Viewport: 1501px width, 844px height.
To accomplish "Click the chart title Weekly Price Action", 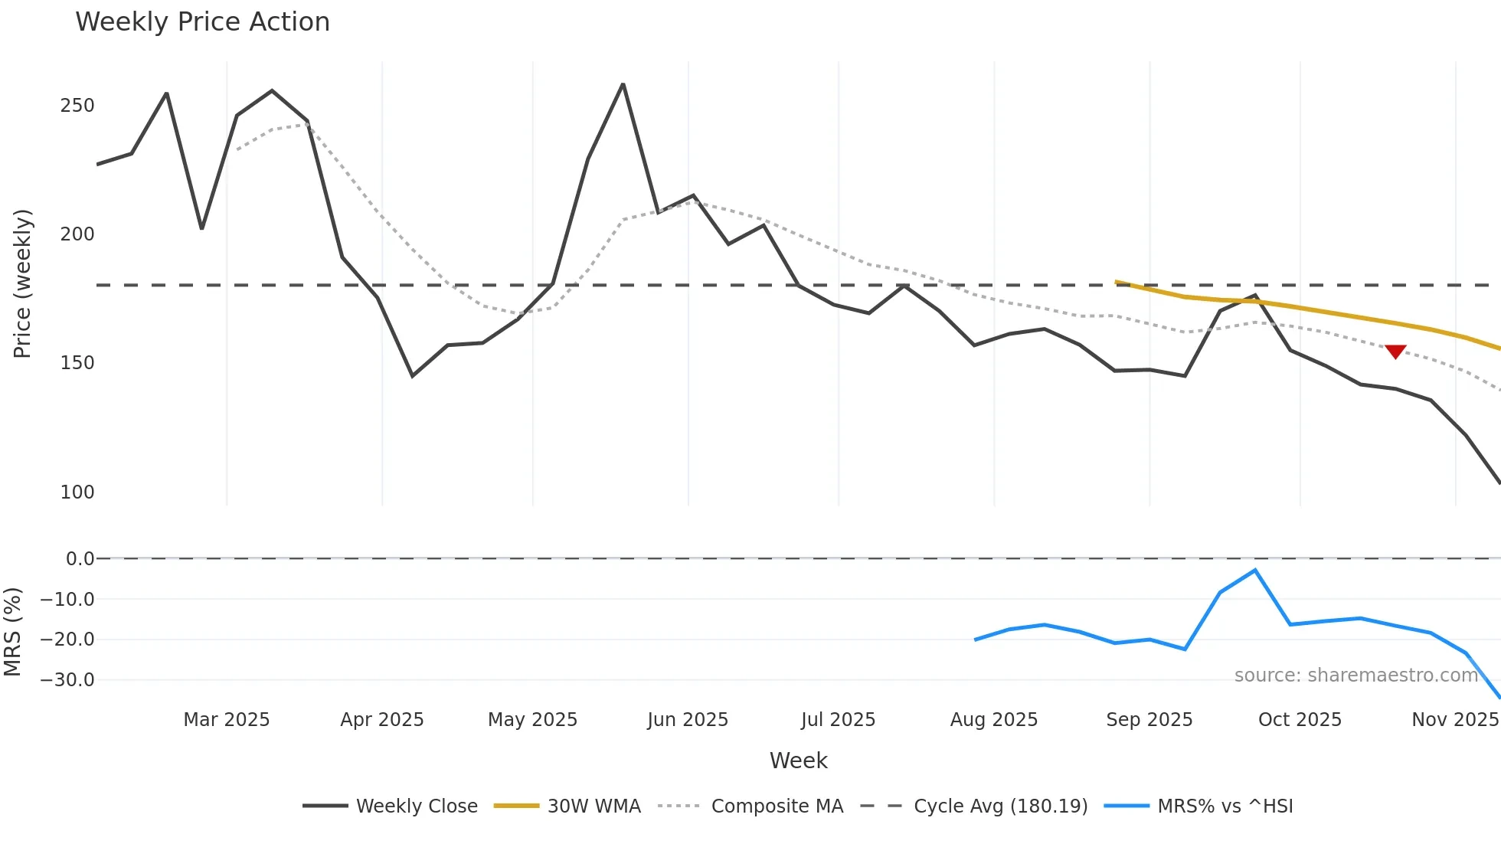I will coord(202,22).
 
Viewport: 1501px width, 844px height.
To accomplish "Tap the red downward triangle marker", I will coord(1395,352).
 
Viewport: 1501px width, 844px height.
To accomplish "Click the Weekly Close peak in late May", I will coord(623,84).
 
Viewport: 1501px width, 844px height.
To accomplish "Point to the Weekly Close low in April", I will coord(413,375).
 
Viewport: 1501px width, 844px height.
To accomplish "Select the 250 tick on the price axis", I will coord(77,106).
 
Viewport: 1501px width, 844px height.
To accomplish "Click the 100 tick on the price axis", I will coord(77,492).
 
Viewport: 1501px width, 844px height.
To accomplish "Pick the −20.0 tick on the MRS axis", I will coord(67,640).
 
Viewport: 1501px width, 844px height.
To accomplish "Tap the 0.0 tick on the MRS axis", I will coord(80,559).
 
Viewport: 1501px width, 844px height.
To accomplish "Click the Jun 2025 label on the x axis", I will coord(688,720).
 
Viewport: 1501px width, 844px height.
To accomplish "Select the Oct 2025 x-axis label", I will coord(1300,720).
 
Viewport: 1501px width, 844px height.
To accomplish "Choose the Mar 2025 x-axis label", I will coord(227,720).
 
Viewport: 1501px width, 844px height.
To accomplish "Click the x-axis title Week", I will coord(798,761).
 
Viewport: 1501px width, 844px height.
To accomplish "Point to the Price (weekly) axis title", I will coord(22,283).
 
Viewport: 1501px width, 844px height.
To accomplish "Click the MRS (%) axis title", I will coord(12,632).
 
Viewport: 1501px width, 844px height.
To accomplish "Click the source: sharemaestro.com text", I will coord(1355,676).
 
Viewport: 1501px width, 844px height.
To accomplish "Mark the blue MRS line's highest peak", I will coord(1255,571).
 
